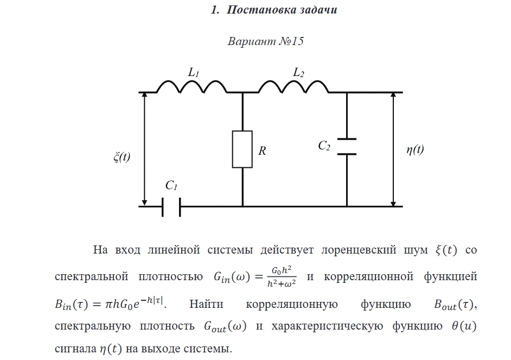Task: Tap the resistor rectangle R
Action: click(x=242, y=149)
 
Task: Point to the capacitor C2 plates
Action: click(x=347, y=147)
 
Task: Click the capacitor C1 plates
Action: click(x=171, y=206)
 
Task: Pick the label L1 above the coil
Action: click(x=194, y=72)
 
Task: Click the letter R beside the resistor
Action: click(x=262, y=151)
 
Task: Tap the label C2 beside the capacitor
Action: click(x=324, y=146)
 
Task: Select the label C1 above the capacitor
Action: click(x=171, y=186)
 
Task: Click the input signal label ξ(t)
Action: click(x=122, y=157)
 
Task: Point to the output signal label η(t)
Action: click(x=415, y=150)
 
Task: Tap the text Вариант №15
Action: click(x=265, y=42)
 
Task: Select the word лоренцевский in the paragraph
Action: click(x=355, y=250)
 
